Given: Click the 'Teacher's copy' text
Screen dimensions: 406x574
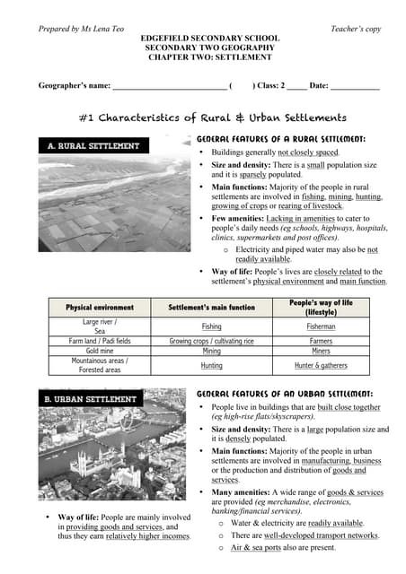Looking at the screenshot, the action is (x=356, y=29).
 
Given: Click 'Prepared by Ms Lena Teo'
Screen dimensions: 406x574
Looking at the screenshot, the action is (x=81, y=29).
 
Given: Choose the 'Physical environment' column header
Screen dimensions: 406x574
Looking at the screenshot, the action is (x=100, y=308).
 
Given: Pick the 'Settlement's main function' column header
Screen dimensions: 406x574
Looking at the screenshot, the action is (x=212, y=308).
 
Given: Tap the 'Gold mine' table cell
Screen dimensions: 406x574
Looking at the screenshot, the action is (x=100, y=352).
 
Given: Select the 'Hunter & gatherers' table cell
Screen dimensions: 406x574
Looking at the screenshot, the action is (x=322, y=366).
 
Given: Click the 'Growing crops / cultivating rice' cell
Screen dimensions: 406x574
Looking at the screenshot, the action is (x=212, y=342).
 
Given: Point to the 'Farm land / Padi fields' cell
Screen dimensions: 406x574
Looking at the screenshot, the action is (x=100, y=342).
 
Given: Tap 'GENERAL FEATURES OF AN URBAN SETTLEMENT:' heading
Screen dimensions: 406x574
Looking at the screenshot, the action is (x=285, y=394).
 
